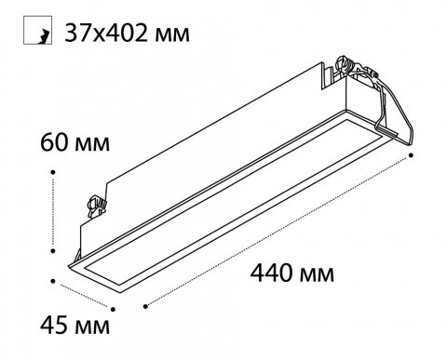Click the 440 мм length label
point(292,273)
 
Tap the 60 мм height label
point(74,142)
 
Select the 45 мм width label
point(74,325)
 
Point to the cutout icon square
point(37,30)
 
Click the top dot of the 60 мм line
point(53,172)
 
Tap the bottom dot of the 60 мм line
point(53,250)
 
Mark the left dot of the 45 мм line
point(53,281)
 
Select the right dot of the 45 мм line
point(113,309)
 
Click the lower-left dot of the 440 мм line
point(145,306)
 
